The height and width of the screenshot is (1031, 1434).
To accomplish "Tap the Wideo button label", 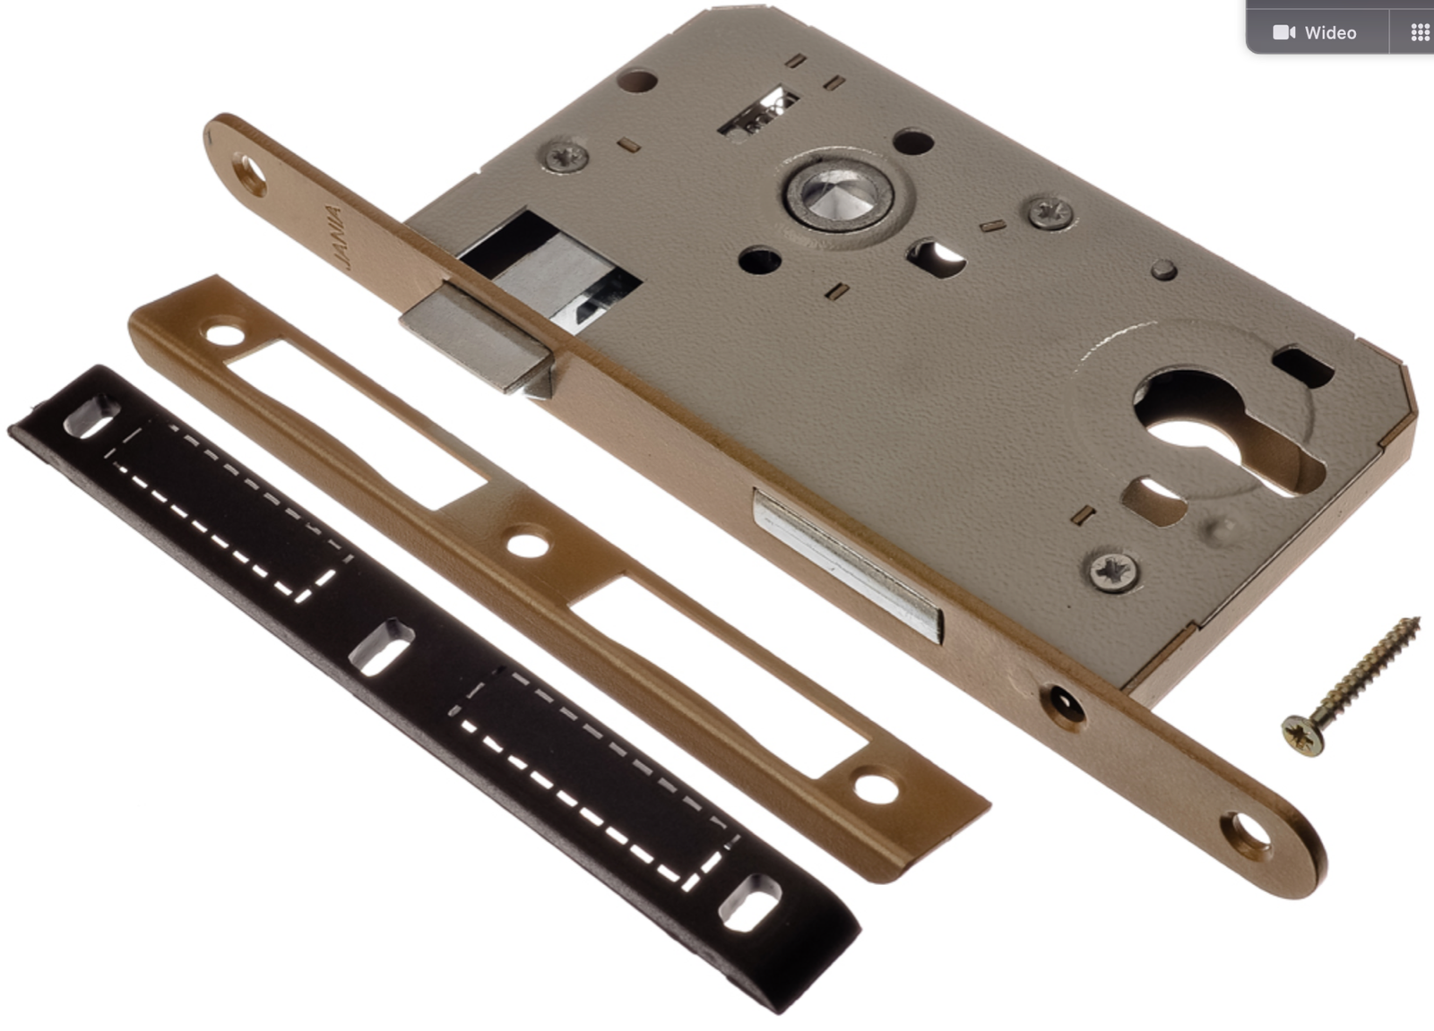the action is point(1330,32).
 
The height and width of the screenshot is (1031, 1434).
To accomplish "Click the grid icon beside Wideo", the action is point(1421,32).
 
